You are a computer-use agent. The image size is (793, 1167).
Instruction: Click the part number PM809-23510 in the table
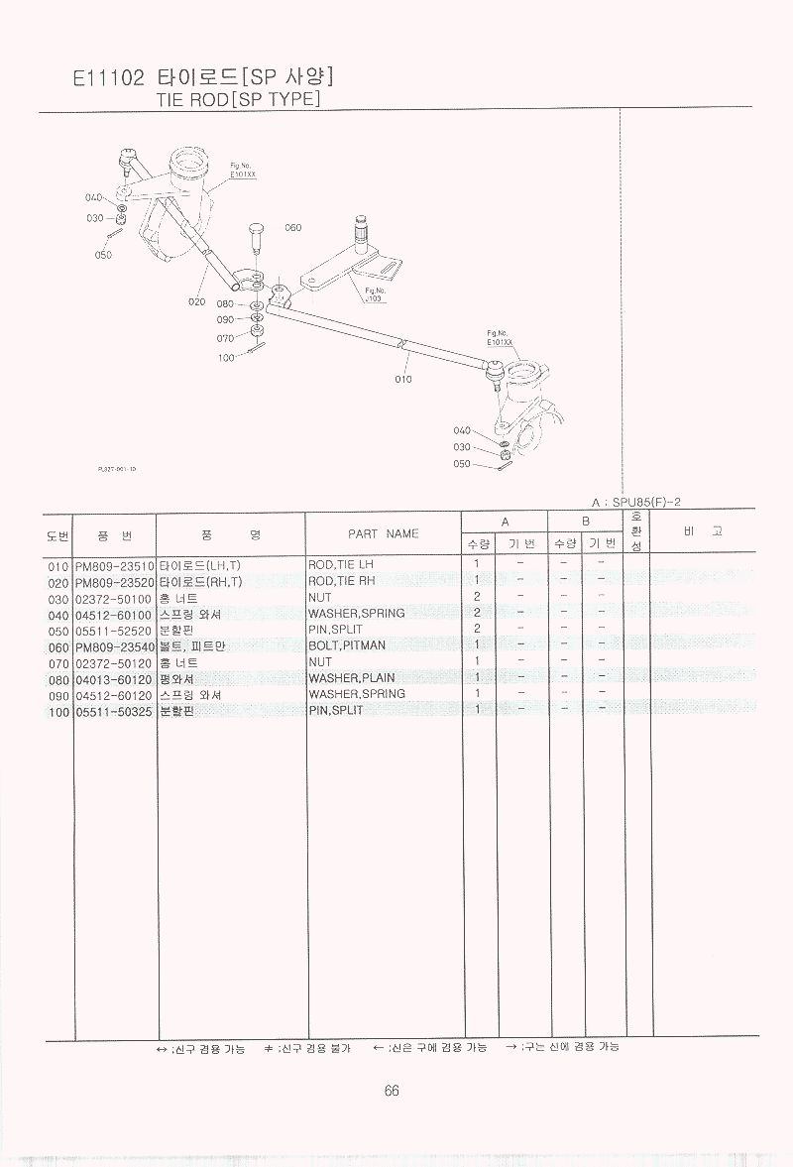pos(114,565)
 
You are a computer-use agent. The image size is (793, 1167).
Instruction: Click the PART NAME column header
pos(383,533)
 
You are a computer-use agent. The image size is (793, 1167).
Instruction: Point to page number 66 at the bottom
pos(392,1091)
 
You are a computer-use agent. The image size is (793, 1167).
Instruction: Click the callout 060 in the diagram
pos(292,228)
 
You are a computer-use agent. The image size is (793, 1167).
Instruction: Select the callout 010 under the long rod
pos(402,379)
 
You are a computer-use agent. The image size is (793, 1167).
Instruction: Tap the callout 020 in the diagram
pos(195,301)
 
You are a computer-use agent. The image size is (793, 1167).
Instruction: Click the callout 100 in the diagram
pos(226,357)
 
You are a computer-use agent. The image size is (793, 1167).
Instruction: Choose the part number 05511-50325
pos(114,711)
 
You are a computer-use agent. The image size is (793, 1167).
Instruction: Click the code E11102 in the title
pos(109,78)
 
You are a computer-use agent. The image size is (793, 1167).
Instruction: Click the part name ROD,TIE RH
pos(342,581)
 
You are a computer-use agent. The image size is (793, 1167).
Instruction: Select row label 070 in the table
pos(57,662)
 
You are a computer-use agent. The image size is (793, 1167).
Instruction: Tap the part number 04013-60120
pos(114,678)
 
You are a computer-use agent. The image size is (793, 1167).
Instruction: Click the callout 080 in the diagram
pos(225,303)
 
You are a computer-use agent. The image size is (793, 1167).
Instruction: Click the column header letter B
pos(585,521)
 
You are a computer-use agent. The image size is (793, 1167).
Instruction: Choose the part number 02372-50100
pos(114,598)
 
